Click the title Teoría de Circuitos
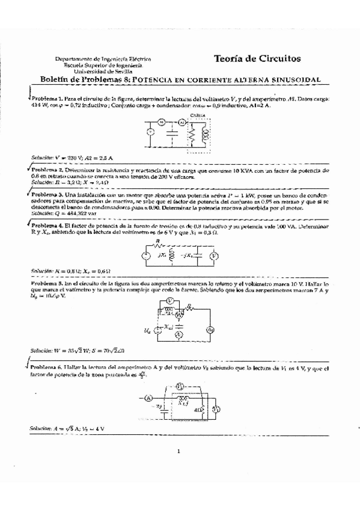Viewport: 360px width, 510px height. pos(257,58)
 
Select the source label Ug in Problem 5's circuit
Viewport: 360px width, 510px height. pos(148,330)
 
